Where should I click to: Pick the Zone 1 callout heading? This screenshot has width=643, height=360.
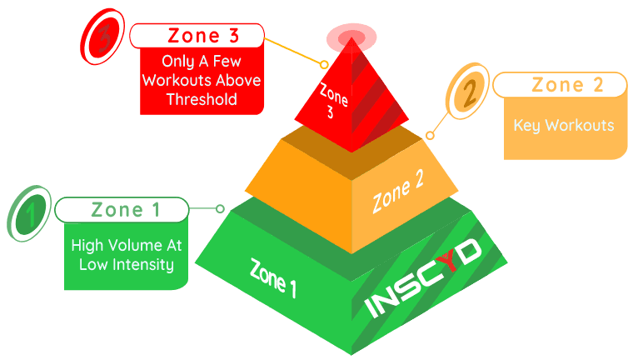(x=126, y=209)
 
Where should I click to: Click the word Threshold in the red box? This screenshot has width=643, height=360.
(x=201, y=99)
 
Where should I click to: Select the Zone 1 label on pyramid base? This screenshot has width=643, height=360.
(x=273, y=277)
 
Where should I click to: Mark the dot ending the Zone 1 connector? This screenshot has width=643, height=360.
(x=220, y=209)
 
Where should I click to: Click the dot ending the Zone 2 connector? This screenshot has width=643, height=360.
(x=431, y=134)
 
